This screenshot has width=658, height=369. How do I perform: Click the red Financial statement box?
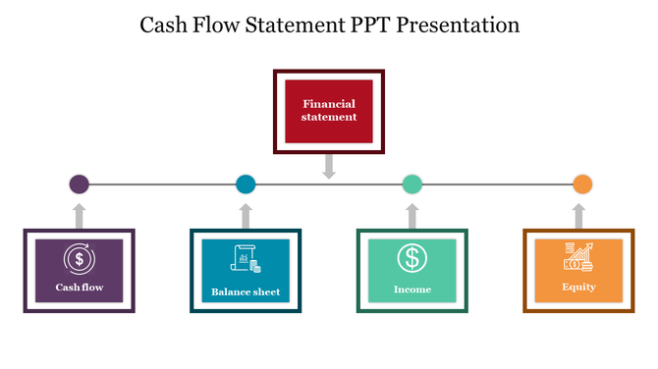pos(329,111)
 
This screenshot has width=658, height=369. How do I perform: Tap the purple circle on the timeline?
pos(80,184)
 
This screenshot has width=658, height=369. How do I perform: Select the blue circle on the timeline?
pos(246,184)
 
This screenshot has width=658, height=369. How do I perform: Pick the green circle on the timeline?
pos(412,184)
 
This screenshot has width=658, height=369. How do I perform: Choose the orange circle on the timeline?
pos(582,184)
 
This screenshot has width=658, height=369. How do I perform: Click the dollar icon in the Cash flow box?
pos(79,259)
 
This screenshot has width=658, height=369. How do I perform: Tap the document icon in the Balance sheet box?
pos(245,258)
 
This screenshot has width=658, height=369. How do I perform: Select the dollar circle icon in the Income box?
pos(412,258)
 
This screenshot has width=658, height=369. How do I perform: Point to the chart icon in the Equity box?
pos(578,257)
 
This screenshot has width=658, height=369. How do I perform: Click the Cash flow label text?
pos(79,289)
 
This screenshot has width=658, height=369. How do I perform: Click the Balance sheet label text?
pos(246,291)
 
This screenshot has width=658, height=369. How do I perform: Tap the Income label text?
pos(412,290)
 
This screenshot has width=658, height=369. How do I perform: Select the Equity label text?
pos(578,287)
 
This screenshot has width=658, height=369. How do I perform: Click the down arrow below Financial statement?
pos(329,166)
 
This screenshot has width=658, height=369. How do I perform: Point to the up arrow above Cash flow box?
pos(80,215)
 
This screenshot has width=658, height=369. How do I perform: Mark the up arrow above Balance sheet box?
pos(246,215)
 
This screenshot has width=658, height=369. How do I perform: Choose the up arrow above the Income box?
pos(412,215)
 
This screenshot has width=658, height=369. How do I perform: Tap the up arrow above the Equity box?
pos(579,215)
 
